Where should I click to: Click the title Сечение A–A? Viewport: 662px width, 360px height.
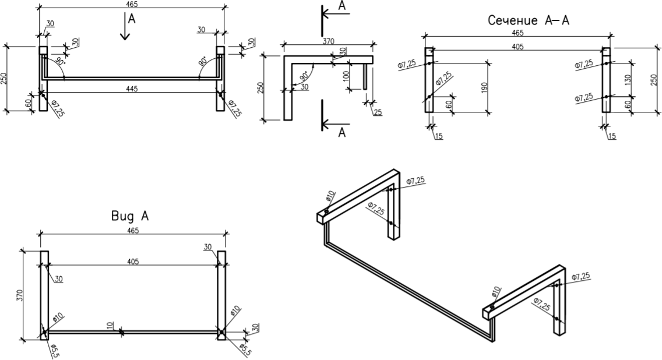(528, 21)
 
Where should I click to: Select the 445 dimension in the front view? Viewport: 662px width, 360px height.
(132, 87)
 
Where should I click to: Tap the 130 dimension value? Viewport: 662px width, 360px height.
(626, 80)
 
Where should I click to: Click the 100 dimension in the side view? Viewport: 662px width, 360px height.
(346, 76)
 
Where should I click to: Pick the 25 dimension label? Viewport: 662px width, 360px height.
(378, 111)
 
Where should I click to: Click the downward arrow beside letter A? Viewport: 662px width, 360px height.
(124, 27)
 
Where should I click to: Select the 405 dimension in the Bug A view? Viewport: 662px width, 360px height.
(133, 262)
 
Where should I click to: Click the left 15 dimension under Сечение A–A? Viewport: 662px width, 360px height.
(438, 136)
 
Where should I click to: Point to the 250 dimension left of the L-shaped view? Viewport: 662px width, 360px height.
(261, 87)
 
